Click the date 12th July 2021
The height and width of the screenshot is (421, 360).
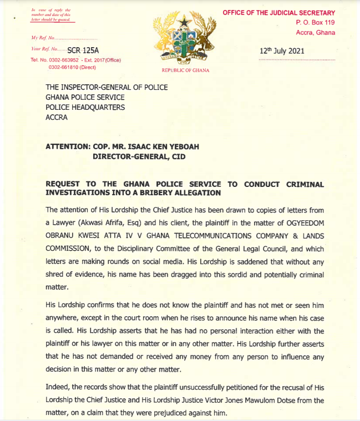point(281,51)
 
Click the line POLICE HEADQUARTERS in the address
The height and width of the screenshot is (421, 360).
point(85,107)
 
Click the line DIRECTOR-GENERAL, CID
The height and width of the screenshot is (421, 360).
point(138,157)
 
